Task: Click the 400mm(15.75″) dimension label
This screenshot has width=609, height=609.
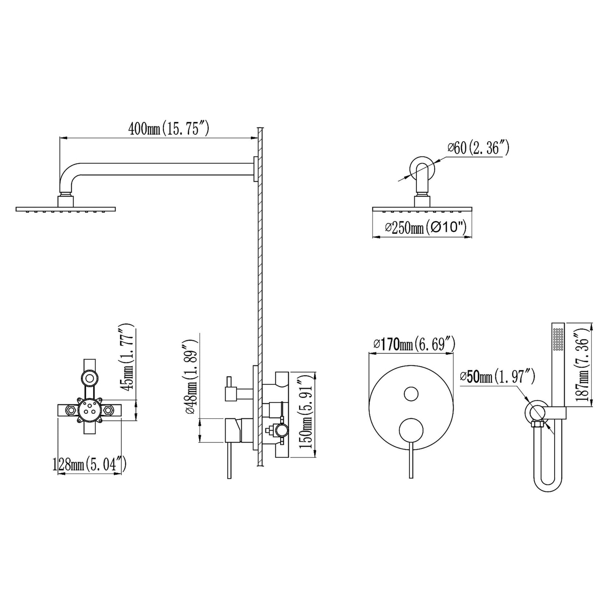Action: coord(169,129)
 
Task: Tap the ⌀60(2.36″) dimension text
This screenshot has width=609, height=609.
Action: coord(478,148)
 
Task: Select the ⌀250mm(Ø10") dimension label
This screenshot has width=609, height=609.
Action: coord(426,228)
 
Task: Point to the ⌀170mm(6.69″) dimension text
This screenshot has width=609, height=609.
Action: coord(414,344)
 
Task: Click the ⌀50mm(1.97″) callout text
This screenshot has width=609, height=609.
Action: coord(497,377)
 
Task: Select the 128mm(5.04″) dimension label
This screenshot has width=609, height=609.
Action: coord(89,464)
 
